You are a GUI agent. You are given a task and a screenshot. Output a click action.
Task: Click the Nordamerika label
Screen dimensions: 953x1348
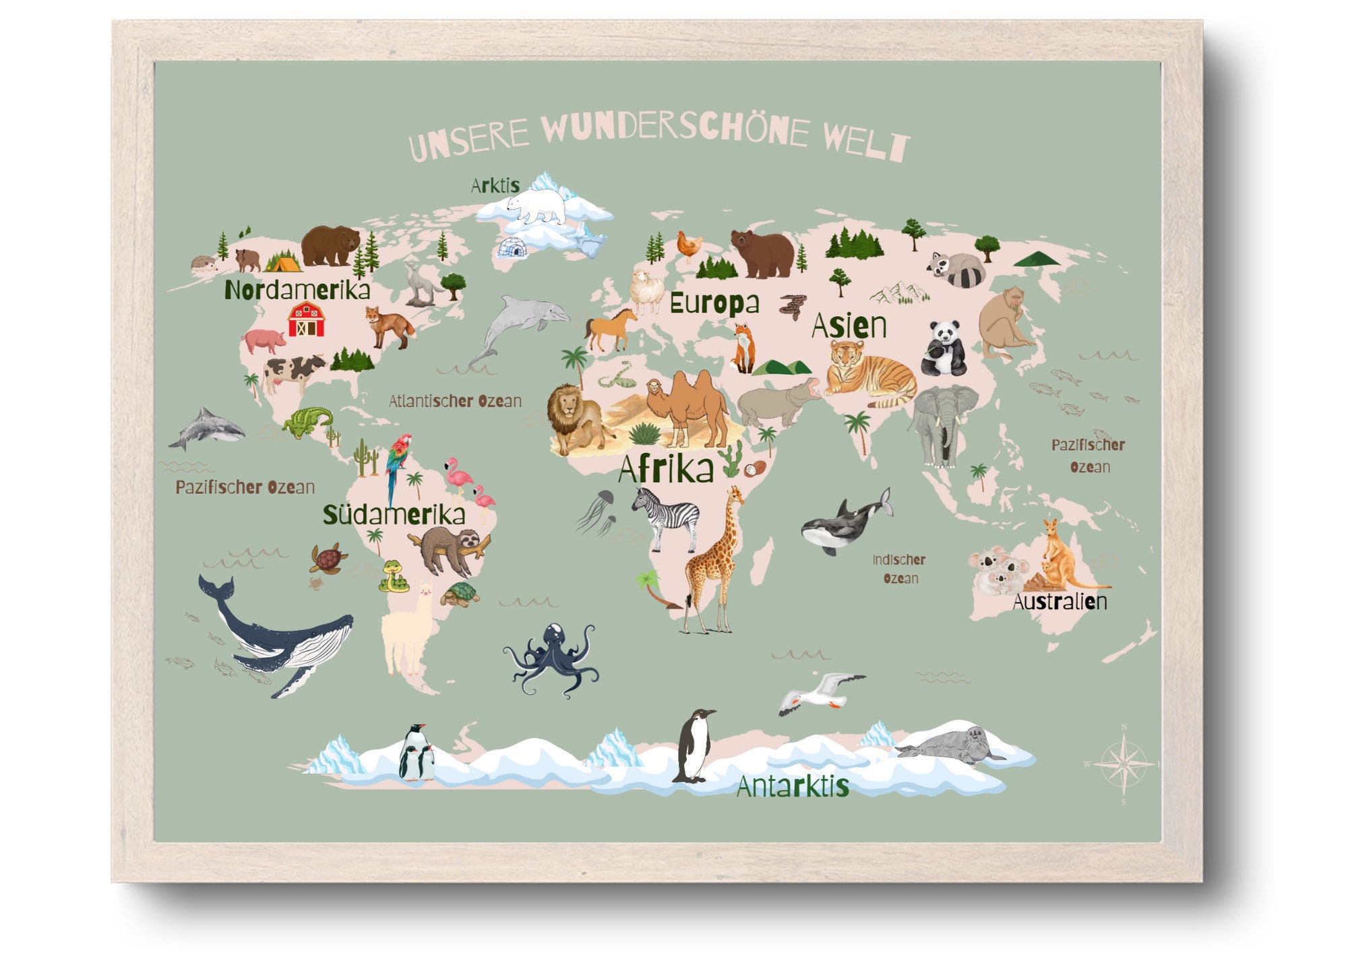297,290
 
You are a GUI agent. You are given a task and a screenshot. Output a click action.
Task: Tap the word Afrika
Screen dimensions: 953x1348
665,469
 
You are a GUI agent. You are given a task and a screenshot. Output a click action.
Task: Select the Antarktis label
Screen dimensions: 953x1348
792,787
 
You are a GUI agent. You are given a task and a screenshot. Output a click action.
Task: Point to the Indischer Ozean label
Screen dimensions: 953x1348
899,569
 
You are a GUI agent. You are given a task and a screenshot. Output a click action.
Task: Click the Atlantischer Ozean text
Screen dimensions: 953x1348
455,401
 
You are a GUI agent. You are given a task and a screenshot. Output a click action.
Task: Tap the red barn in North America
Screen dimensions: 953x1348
306,319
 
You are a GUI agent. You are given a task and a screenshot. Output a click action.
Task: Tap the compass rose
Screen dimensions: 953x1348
1123,764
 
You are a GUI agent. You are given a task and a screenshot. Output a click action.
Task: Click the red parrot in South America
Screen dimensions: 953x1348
398,461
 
